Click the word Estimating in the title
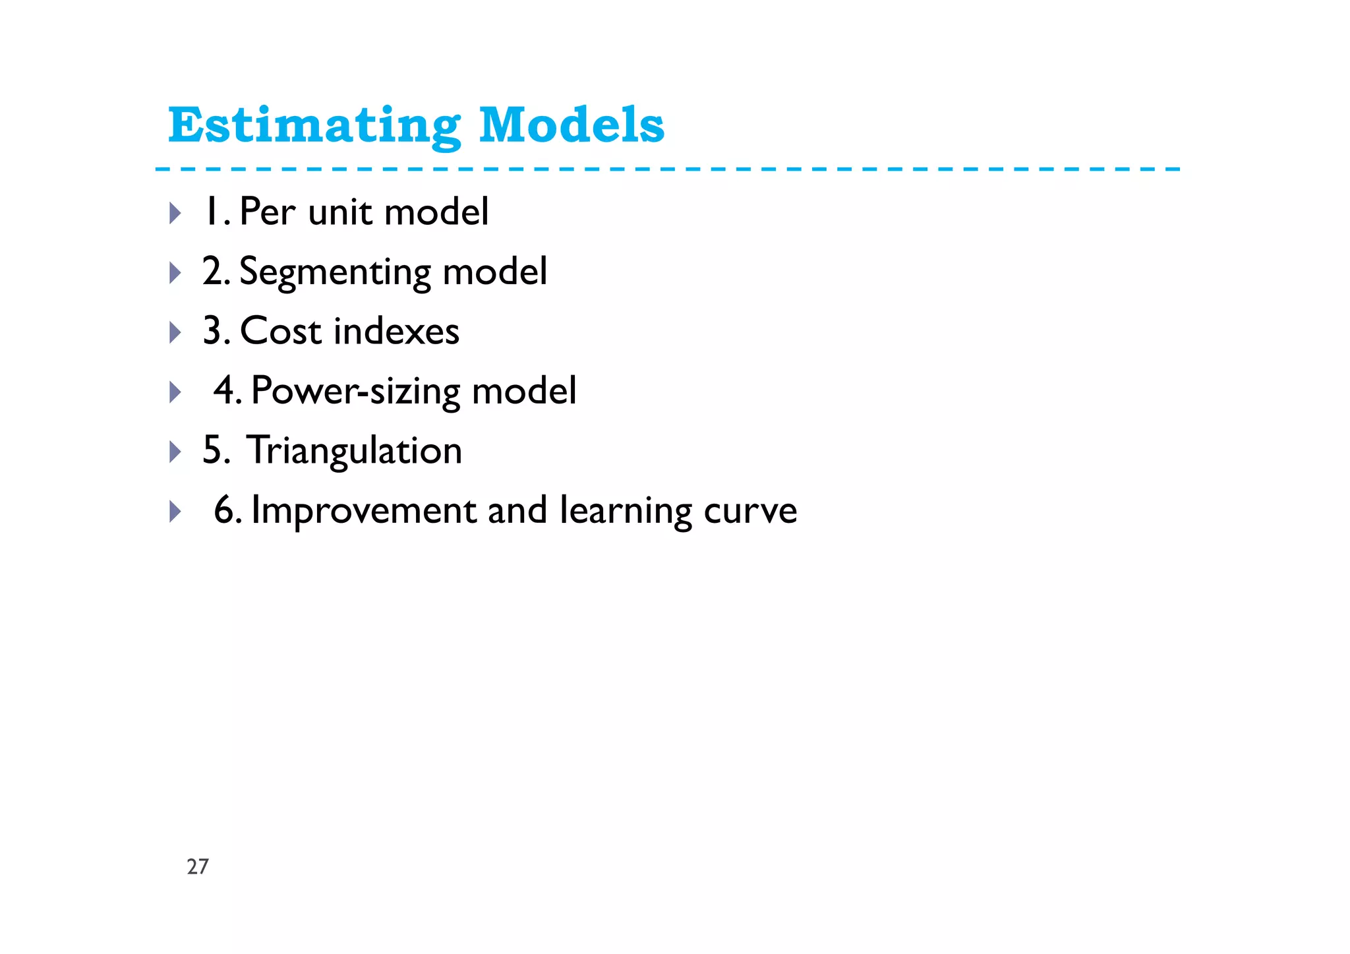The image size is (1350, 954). pyautogui.click(x=314, y=125)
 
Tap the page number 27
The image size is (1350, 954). pyautogui.click(x=198, y=866)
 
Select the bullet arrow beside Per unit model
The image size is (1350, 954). pyautogui.click(x=175, y=213)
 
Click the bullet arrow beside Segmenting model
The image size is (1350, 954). pyautogui.click(x=175, y=272)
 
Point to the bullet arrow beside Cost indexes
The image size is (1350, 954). pyautogui.click(x=175, y=332)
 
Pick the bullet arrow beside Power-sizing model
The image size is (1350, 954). pyautogui.click(x=175, y=392)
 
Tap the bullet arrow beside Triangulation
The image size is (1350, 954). pyautogui.click(x=175, y=452)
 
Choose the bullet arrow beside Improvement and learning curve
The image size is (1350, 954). pyautogui.click(x=175, y=512)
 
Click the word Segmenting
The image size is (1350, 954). pyautogui.click(x=335, y=272)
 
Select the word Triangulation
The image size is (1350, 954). pyautogui.click(x=355, y=451)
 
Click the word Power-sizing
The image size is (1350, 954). pyautogui.click(x=355, y=392)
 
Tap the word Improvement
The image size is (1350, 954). pyautogui.click(x=364, y=511)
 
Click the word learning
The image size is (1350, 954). pyautogui.click(x=626, y=511)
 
